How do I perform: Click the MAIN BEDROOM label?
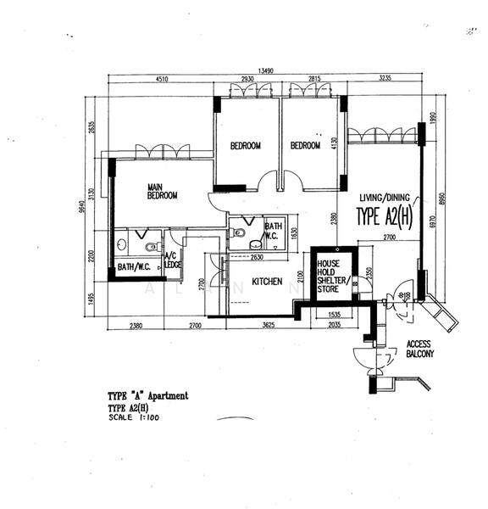[x=162, y=192]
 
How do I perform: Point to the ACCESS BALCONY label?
[x=419, y=349]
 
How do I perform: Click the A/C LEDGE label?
[x=172, y=260]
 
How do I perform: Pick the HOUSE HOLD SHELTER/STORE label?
[x=329, y=277]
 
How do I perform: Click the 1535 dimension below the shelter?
[x=334, y=314]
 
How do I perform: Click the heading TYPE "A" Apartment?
[x=148, y=396]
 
